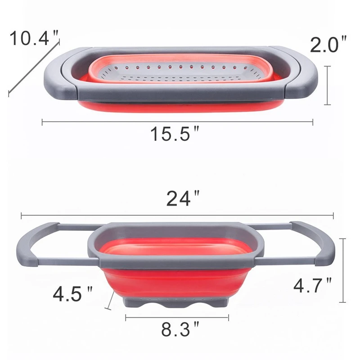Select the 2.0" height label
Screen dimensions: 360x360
(328, 45)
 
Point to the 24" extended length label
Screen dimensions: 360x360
(183, 198)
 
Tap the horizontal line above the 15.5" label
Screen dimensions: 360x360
(177, 121)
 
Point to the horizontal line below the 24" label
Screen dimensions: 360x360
(177, 215)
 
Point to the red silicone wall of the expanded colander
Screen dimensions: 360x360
(177, 279)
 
